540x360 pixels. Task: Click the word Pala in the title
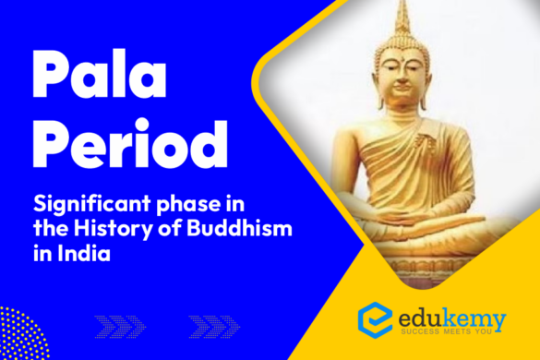(100, 74)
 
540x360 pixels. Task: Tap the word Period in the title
(130, 143)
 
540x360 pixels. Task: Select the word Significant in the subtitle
(92, 205)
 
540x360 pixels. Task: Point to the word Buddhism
(239, 228)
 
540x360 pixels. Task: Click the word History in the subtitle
(113, 230)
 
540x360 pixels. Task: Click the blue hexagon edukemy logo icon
(375, 320)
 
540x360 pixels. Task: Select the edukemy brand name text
(452, 319)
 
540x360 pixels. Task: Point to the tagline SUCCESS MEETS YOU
(447, 331)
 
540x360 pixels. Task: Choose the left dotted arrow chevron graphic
(120, 326)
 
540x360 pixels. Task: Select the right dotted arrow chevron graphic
(214, 326)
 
